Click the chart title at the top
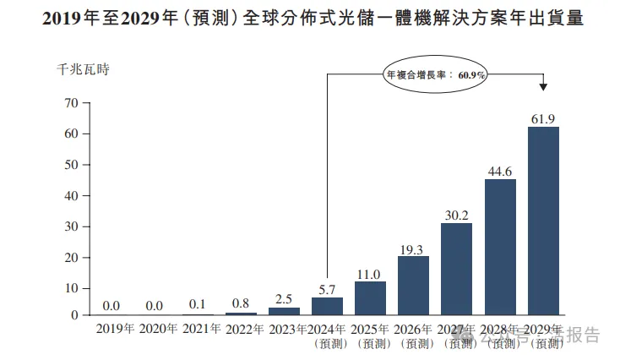(x=310, y=17)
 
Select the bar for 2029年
(x=543, y=221)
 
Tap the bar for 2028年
(x=500, y=247)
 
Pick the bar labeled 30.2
(x=456, y=269)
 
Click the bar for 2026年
(x=413, y=286)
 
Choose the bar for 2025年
(x=370, y=298)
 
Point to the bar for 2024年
(x=327, y=306)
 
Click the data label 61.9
(x=543, y=119)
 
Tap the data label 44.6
(x=500, y=172)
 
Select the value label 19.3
(x=413, y=248)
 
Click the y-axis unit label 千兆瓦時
(x=83, y=69)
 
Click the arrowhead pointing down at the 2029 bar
(x=543, y=87)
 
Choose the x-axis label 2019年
(x=115, y=328)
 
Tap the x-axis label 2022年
(x=244, y=328)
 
